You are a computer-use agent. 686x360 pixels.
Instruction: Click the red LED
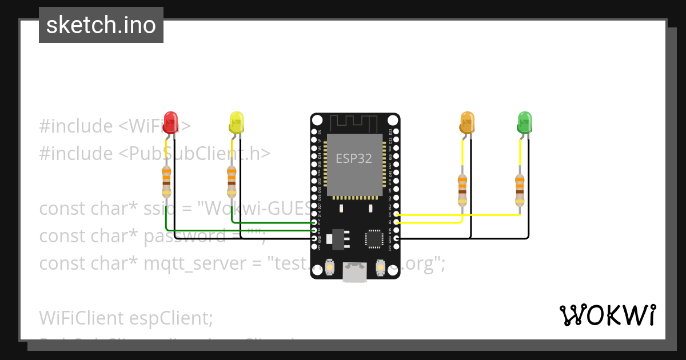(x=170, y=122)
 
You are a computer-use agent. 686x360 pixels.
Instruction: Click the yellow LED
(x=236, y=122)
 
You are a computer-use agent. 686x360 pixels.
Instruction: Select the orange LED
(x=467, y=122)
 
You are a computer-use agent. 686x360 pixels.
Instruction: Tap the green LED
(x=524, y=122)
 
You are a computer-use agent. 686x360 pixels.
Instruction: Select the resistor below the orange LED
(x=462, y=190)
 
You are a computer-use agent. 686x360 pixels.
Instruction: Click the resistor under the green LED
(x=519, y=190)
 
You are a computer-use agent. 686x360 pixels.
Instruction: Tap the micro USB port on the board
(x=354, y=273)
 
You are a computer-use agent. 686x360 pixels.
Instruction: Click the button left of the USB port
(x=330, y=266)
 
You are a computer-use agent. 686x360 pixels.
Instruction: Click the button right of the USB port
(x=380, y=266)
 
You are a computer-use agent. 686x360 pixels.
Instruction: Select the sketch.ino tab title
(x=101, y=25)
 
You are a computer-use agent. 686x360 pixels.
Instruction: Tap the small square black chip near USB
(x=374, y=239)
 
